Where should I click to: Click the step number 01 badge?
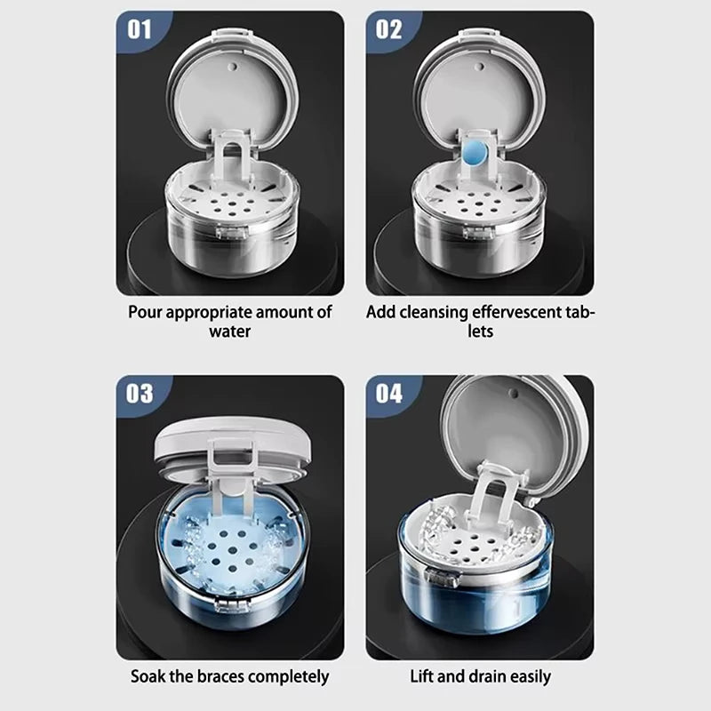pos(139,29)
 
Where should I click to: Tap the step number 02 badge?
pos(388,29)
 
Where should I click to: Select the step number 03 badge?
pos(140,394)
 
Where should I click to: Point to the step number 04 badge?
pos(389,394)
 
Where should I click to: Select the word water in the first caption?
pos(230,331)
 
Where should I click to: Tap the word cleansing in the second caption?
pos(434,313)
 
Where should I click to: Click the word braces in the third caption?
pos(221,676)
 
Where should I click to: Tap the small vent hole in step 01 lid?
pos(233,68)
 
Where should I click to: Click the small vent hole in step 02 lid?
pos(480,68)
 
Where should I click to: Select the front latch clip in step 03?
pos(233,605)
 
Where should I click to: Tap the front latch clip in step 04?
pos(442,577)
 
